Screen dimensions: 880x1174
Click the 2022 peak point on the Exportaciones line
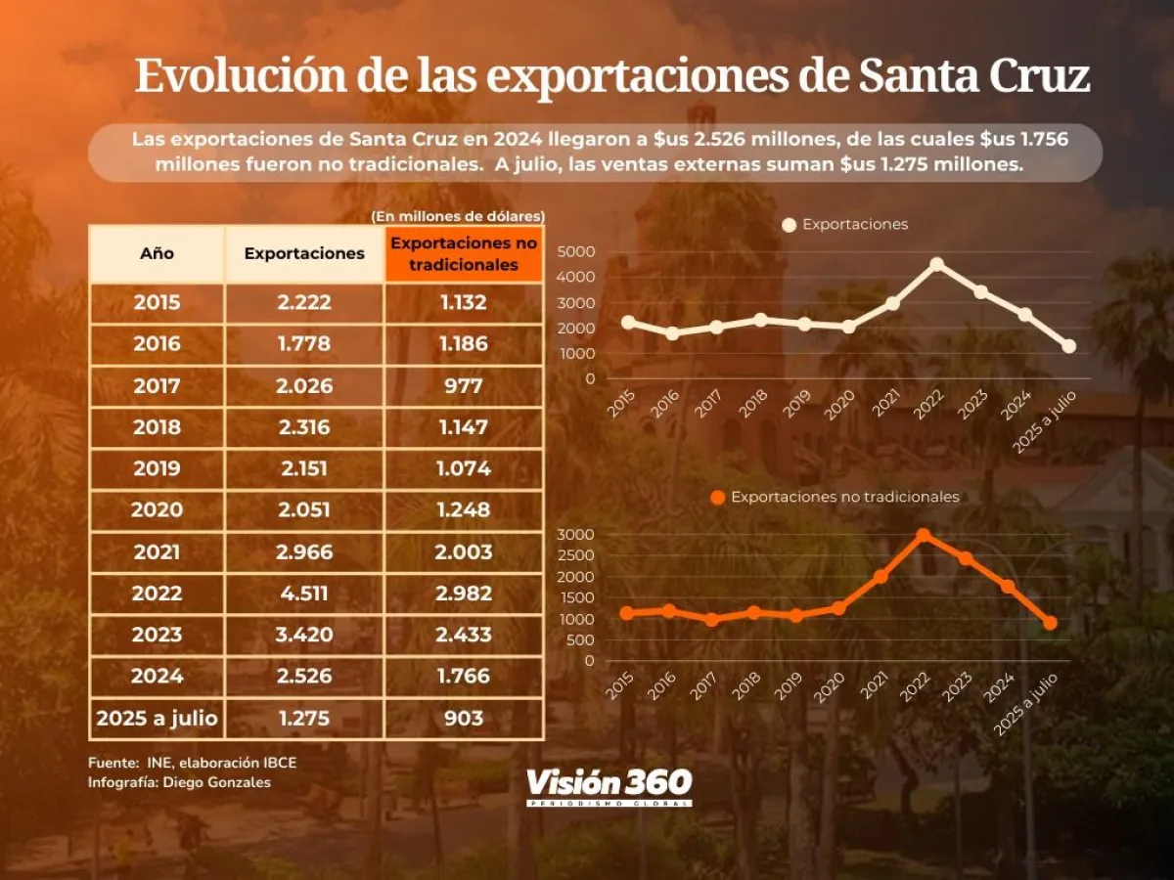[936, 264]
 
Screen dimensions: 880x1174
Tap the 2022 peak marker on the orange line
[923, 535]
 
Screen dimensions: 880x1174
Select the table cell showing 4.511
[304, 594]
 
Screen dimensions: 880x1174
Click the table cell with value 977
[464, 386]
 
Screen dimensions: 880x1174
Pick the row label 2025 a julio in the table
[158, 718]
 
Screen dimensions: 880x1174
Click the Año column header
[158, 253]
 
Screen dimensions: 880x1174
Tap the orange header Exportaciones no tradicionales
[464, 253]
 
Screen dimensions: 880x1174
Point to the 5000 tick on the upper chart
[574, 252]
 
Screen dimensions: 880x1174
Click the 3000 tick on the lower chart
[574, 535]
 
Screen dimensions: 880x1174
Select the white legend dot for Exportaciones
[790, 225]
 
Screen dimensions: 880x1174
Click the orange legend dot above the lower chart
[718, 497]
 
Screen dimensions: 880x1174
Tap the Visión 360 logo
[609, 785]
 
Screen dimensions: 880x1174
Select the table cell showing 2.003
[464, 552]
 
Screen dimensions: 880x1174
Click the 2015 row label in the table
[158, 303]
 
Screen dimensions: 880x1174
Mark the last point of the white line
[1068, 346]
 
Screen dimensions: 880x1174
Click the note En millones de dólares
[458, 216]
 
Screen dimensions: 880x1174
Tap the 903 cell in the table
[464, 718]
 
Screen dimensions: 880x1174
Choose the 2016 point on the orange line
[669, 611]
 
